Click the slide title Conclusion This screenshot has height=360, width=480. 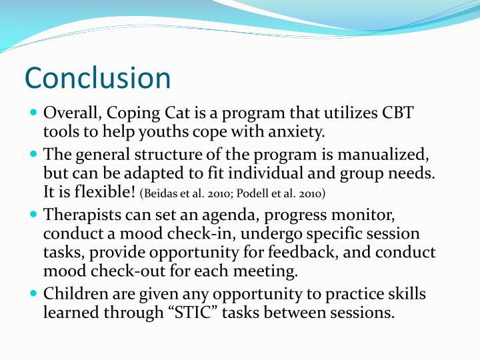pyautogui.click(x=98, y=79)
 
